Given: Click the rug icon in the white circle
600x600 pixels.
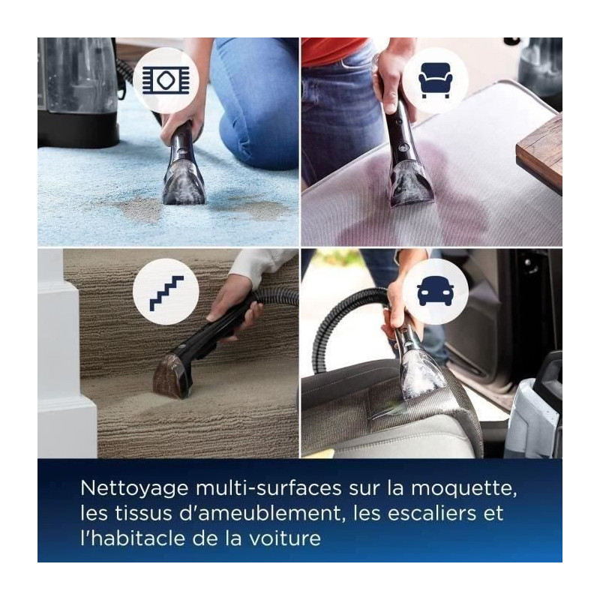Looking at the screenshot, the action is [166, 80].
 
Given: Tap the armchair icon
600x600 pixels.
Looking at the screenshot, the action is [436, 80].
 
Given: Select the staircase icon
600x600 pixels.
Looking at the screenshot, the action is [166, 292].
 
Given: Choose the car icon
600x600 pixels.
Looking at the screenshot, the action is [436, 291].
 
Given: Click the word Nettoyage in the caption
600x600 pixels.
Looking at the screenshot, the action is [135, 489].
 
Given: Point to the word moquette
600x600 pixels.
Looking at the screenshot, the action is [463, 489].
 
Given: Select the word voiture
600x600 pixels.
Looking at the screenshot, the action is [285, 538].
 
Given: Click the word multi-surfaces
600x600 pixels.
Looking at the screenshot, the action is [268, 488].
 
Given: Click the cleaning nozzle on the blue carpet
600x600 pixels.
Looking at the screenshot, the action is [184, 184].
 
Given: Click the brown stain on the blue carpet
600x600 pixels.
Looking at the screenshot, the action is [142, 210].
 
